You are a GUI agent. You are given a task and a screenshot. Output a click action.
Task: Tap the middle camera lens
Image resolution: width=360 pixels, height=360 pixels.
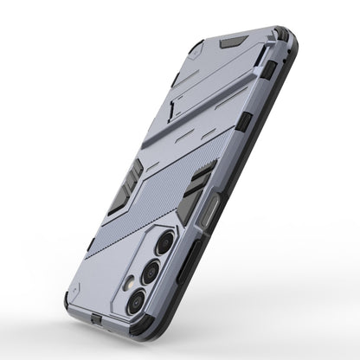click(x=149, y=272)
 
